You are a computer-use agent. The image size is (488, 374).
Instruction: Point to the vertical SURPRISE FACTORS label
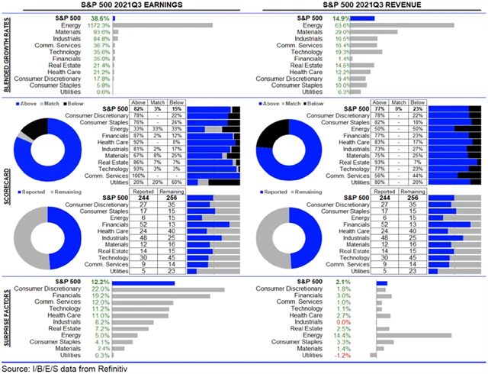[7, 319]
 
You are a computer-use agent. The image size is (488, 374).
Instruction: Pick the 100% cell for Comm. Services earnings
[139, 175]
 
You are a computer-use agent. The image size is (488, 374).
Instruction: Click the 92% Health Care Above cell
[139, 141]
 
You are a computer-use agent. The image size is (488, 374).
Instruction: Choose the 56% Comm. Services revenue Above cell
[380, 175]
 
